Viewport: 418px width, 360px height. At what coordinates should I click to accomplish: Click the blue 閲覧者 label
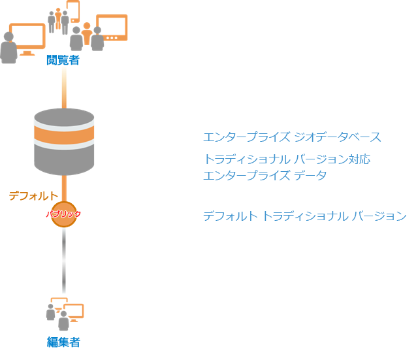click(63, 61)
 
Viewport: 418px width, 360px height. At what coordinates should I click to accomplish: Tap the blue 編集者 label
click(63, 342)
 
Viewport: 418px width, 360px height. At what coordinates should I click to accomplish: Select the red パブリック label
click(63, 214)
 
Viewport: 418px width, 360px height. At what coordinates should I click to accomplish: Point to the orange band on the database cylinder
click(64, 137)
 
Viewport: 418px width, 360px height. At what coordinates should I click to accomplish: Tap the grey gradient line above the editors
click(64, 261)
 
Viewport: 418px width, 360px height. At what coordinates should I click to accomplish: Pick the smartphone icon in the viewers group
click(73, 11)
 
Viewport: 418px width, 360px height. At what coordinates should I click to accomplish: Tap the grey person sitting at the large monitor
click(8, 49)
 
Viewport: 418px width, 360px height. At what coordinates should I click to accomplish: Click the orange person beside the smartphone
click(58, 18)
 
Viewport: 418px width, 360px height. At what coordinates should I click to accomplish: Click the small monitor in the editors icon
click(74, 312)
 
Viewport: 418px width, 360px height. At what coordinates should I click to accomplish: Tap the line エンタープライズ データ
click(265, 175)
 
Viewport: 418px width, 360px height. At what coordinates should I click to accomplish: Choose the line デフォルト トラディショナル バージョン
click(304, 216)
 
